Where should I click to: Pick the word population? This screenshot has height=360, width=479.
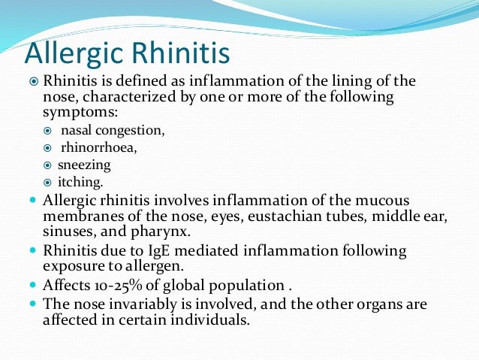(x=238, y=285)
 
